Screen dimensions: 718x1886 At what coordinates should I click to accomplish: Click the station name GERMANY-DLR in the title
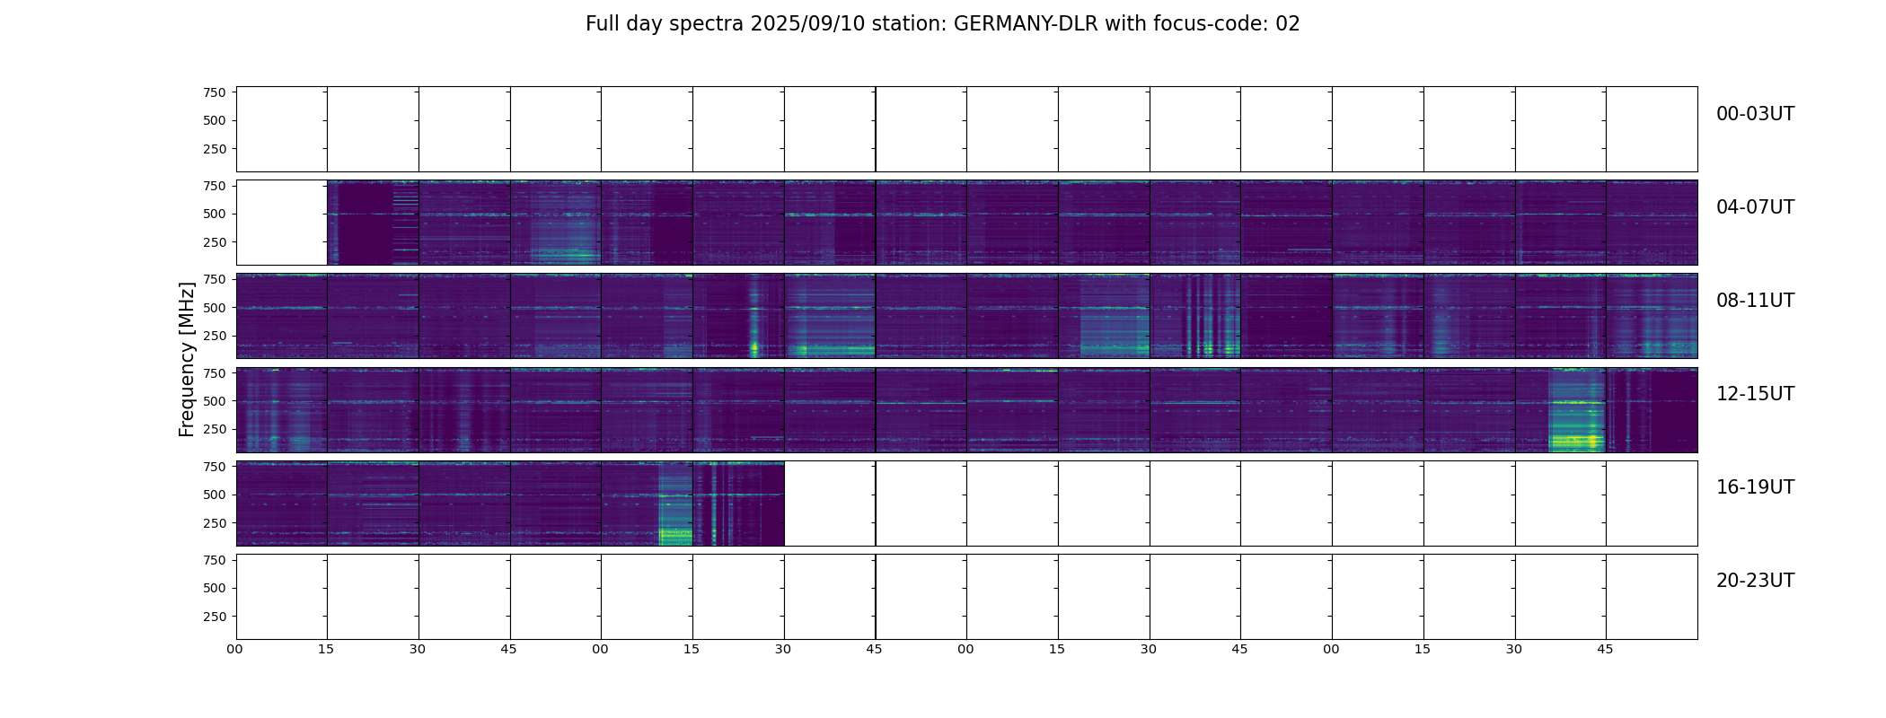1026,24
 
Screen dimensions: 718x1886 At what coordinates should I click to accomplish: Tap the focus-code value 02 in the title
1287,24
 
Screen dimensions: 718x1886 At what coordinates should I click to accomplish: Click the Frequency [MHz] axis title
187,359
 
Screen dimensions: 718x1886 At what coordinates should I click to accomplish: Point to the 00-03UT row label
1755,114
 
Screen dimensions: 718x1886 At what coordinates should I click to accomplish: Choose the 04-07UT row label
1755,207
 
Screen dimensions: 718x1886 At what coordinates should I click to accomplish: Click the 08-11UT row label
1755,301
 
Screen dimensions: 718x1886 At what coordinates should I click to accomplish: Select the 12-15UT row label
1755,394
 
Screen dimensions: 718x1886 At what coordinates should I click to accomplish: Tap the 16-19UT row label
1755,487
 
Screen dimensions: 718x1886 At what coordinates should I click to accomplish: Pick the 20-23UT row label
1755,581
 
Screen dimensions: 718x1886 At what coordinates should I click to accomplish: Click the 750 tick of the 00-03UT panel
214,92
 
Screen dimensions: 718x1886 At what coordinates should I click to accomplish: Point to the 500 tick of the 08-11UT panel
214,308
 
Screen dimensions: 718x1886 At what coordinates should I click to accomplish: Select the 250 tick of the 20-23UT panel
214,617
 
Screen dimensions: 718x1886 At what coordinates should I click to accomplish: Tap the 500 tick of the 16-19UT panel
214,495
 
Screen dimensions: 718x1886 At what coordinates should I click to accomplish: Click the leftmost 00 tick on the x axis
234,649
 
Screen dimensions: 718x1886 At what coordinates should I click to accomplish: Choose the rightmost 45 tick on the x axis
1605,649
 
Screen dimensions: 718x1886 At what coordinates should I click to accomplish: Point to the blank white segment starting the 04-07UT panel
281,223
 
